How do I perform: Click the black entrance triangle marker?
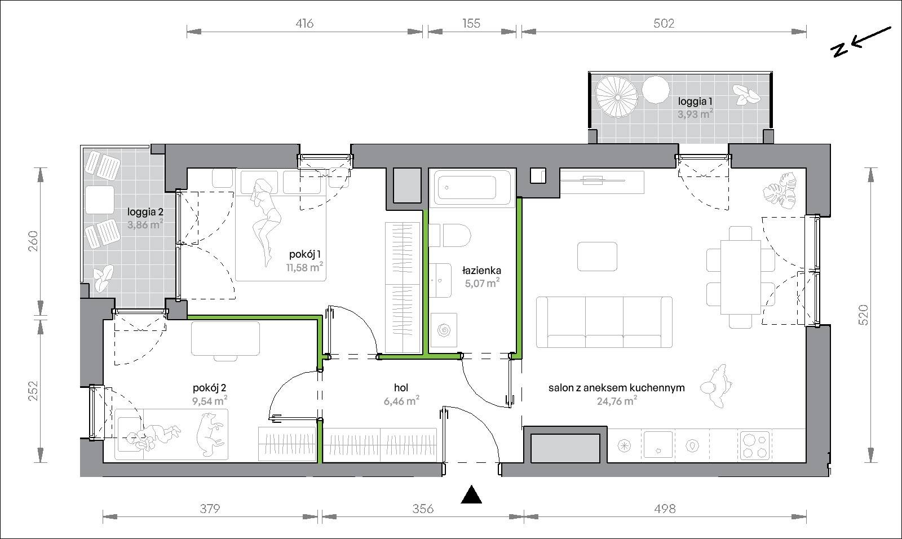(471, 496)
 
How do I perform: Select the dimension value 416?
(304, 23)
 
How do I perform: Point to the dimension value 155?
(471, 23)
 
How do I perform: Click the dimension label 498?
(665, 509)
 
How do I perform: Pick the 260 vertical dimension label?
(33, 241)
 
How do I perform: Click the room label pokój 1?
(305, 254)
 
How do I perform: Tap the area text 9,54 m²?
(210, 401)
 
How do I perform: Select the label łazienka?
(481, 270)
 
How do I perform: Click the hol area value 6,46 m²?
(401, 401)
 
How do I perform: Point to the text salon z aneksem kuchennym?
(617, 388)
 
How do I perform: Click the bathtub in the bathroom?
(472, 188)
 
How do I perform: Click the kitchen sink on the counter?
(658, 445)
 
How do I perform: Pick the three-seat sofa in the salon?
(604, 322)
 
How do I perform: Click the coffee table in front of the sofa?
(597, 256)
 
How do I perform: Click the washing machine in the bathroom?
(443, 330)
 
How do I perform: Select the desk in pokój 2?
(225, 338)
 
